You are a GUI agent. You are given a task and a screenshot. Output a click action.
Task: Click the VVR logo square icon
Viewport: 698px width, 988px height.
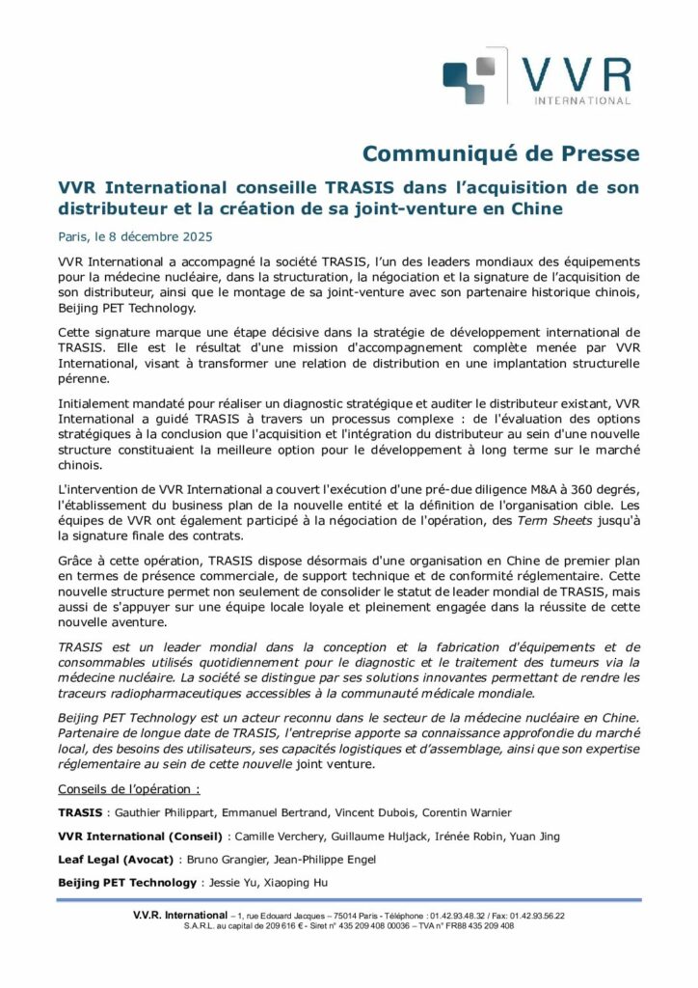pos(470,78)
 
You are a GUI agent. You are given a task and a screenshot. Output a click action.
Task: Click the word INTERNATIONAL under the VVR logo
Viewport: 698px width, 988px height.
pos(576,99)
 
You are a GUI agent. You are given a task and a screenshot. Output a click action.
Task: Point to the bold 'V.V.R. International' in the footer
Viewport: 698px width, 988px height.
pos(180,915)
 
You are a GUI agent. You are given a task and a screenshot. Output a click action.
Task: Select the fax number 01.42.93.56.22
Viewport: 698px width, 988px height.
pos(532,916)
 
